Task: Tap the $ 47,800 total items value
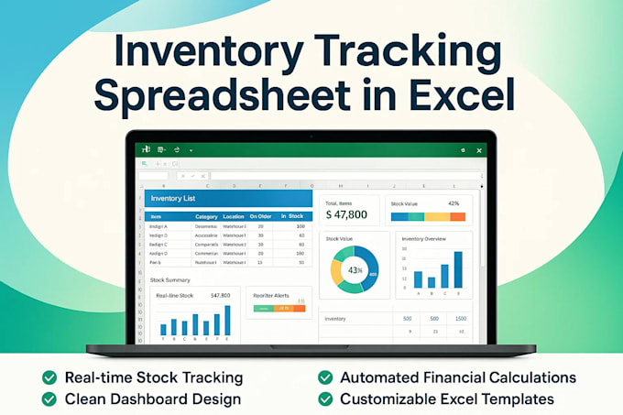click(x=346, y=214)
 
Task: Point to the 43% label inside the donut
click(x=354, y=270)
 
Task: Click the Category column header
click(x=206, y=217)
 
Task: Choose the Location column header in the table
click(x=233, y=217)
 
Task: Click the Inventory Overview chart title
click(x=423, y=237)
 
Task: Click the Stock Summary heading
click(x=169, y=278)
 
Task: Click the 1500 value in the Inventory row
click(x=461, y=319)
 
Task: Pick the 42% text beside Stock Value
click(x=454, y=203)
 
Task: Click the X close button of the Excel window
click(x=479, y=149)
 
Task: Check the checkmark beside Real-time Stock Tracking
click(x=49, y=377)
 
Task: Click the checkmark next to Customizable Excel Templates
click(x=325, y=399)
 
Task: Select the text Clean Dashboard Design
click(x=153, y=399)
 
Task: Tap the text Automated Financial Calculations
click(x=458, y=377)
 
